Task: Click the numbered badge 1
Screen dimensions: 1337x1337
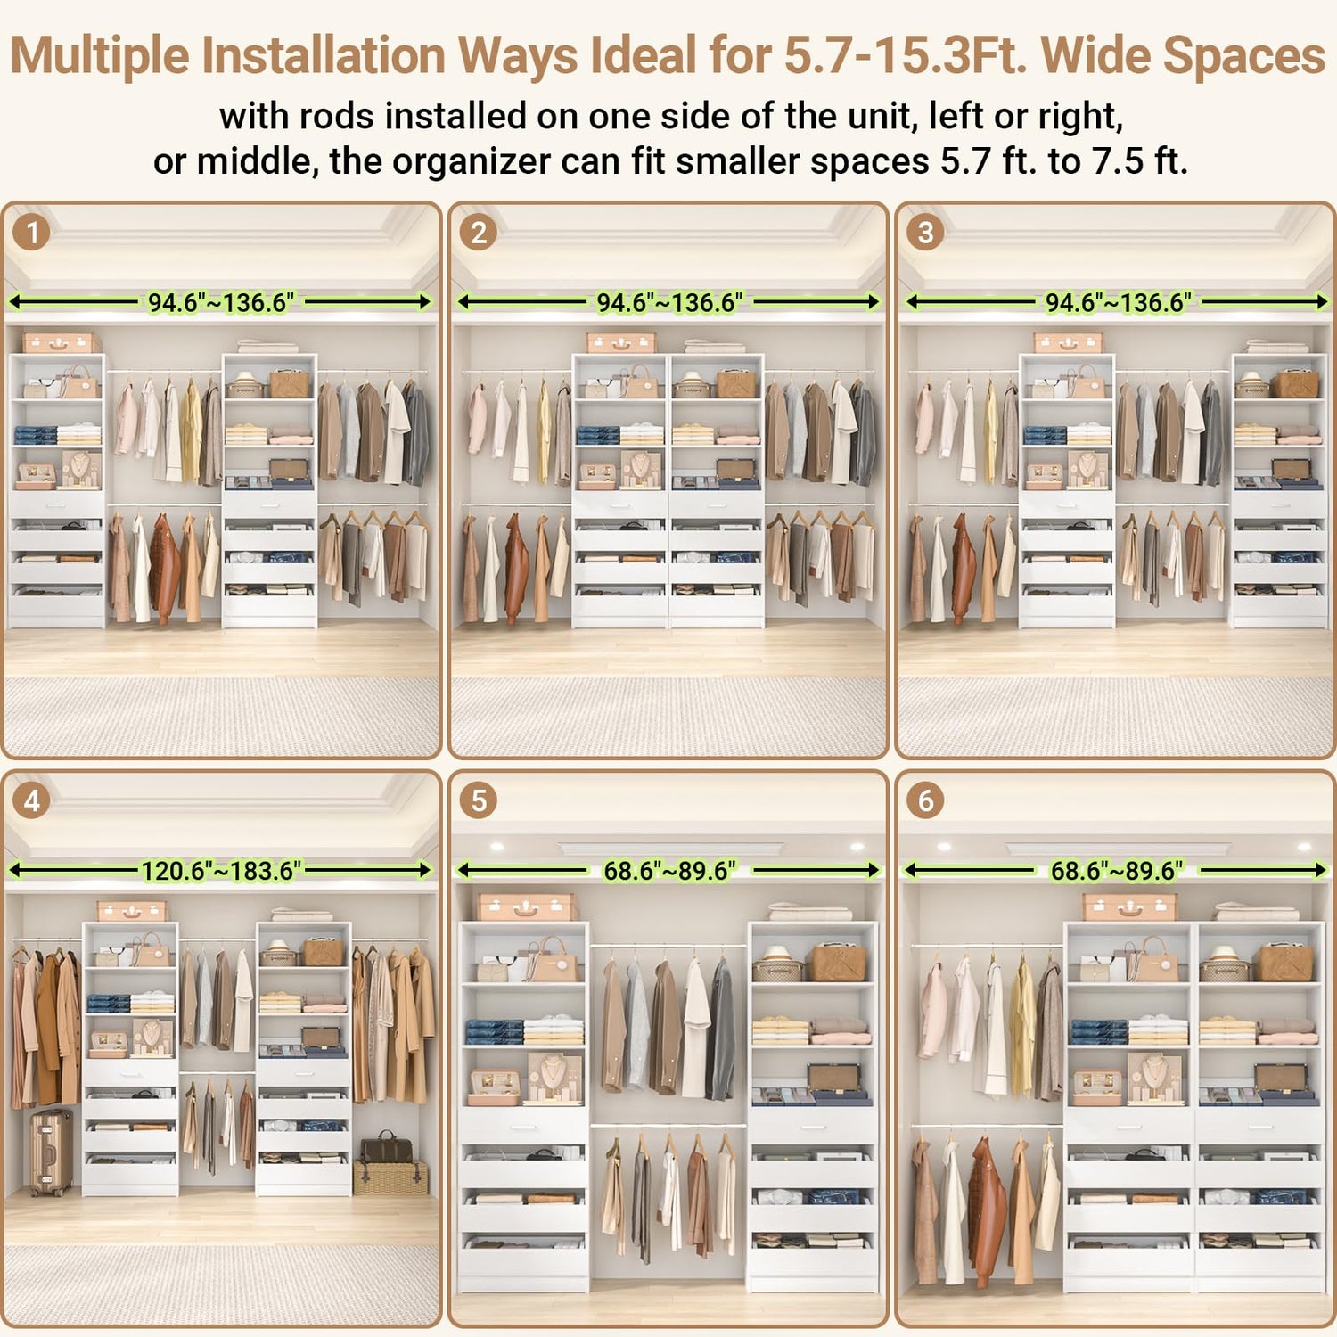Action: click(32, 233)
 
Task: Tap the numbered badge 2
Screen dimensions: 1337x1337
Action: click(479, 233)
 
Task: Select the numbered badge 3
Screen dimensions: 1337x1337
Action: click(926, 233)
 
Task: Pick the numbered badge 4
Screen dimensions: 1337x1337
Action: click(32, 800)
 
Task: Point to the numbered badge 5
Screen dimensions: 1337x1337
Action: click(479, 800)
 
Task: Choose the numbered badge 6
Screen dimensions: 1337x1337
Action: click(926, 800)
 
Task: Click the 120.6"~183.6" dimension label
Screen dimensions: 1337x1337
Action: click(221, 870)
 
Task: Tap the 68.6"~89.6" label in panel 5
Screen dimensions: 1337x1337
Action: click(669, 870)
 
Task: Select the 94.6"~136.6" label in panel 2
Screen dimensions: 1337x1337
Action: click(669, 302)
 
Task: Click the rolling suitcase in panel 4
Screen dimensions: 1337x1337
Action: click(51, 1152)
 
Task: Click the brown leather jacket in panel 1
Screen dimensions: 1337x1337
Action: click(164, 568)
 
